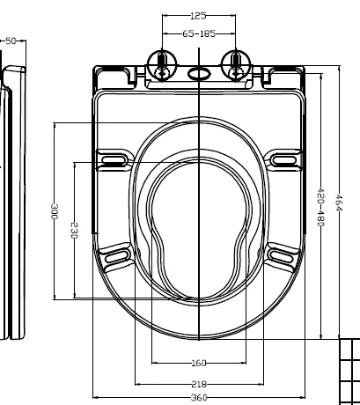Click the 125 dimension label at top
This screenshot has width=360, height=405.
(200, 16)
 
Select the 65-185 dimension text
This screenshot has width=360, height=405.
(200, 33)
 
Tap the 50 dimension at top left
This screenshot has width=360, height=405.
(12, 40)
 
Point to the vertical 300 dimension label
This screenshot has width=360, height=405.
(55, 212)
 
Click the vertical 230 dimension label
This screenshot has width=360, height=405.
(75, 231)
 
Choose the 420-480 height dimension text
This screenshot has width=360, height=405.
(321, 208)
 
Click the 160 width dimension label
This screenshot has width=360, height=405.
(200, 363)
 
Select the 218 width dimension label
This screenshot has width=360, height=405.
(200, 384)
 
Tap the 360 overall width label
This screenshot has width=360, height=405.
(200, 399)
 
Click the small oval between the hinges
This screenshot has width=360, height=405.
(200, 73)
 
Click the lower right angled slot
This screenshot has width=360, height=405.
(281, 255)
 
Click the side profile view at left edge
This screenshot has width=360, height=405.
(11, 202)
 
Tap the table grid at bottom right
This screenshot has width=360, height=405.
(349, 370)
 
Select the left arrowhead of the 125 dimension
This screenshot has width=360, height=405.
(167, 16)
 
